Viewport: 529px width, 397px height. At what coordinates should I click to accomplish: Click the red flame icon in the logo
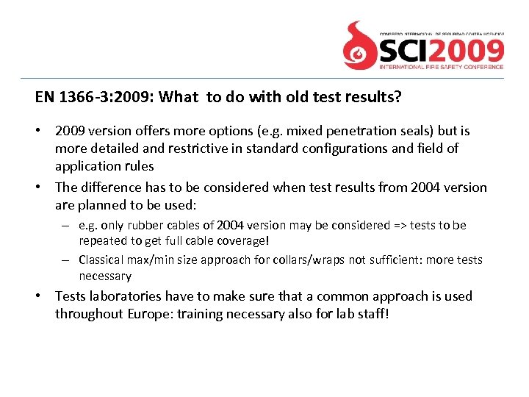coord(360,46)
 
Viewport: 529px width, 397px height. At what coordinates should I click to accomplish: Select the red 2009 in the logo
coord(474,50)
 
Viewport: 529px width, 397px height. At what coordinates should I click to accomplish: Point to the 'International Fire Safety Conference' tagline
coord(441,66)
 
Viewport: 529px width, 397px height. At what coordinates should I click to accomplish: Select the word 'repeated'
coord(103,240)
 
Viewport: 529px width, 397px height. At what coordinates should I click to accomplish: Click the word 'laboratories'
coord(126,296)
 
